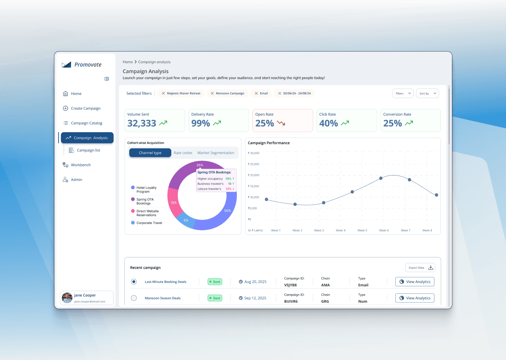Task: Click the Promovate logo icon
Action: point(66,65)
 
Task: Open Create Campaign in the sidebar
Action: point(85,108)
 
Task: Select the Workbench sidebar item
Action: point(80,165)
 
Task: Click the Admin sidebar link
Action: point(76,180)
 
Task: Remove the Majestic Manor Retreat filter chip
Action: point(163,94)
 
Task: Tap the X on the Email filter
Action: point(257,94)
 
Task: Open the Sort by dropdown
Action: point(427,94)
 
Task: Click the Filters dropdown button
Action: point(403,94)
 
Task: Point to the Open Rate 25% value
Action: point(265,123)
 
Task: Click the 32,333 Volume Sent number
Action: point(142,123)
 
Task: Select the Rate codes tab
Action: point(183,153)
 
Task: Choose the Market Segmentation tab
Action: point(215,153)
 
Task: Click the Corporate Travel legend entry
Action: point(149,223)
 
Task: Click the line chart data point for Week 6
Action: point(381,178)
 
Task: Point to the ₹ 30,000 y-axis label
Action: point(254,153)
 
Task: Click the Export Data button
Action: point(420,268)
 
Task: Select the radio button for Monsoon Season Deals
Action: point(134,298)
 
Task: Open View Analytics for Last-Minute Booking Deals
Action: point(415,282)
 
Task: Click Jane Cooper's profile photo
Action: point(67,298)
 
